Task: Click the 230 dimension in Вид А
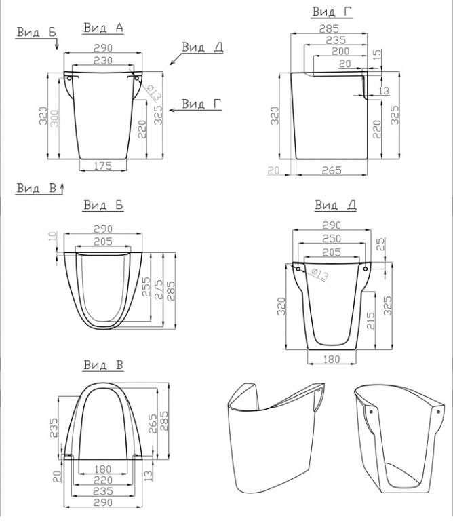coord(103,60)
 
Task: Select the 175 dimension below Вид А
coord(103,166)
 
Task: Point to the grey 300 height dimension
coord(55,117)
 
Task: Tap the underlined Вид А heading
coord(103,28)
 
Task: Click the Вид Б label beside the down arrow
coord(36,33)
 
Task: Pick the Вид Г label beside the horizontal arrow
coord(201,104)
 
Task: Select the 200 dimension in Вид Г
coord(340,51)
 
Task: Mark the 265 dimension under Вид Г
coord(332,170)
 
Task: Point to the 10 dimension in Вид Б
coord(53,237)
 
